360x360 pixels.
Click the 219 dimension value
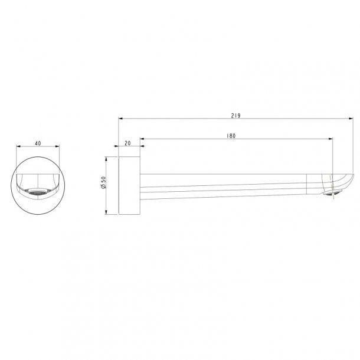click(236, 116)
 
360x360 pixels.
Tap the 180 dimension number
click(231, 136)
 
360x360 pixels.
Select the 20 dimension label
click(127, 143)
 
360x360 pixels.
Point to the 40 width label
click(38, 143)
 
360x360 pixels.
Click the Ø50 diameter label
click(103, 182)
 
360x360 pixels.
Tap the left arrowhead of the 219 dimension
click(121, 119)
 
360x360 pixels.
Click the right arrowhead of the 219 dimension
click(351, 119)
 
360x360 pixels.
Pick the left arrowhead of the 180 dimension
click(142, 139)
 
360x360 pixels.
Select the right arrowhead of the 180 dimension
click(330, 139)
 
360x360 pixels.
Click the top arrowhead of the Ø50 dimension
click(106, 159)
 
